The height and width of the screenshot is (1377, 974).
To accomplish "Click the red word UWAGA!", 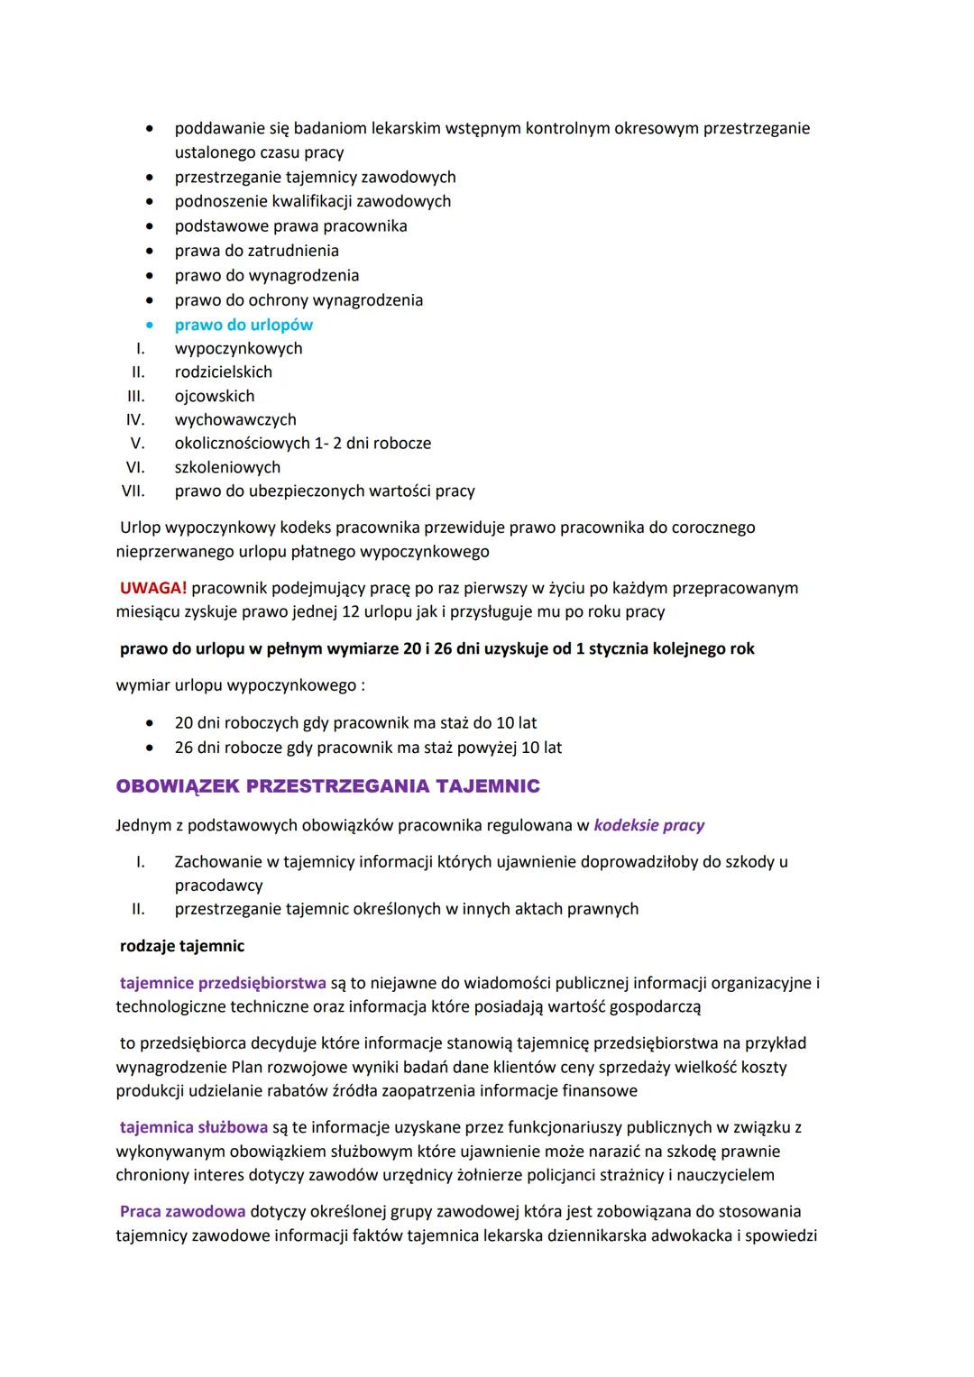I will [153, 588].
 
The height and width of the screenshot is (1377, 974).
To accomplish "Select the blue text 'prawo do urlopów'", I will [243, 325].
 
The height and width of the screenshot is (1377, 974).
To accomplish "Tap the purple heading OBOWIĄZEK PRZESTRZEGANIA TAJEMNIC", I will [327, 786].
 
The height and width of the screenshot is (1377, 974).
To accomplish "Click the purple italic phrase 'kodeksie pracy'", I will [649, 825].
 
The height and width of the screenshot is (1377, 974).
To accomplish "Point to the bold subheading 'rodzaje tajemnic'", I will [182, 946].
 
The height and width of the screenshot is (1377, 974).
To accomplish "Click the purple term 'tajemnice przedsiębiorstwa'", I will [223, 983].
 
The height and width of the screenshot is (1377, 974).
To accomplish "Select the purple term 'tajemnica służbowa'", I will [194, 1127].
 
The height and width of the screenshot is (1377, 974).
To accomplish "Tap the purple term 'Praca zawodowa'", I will [182, 1211].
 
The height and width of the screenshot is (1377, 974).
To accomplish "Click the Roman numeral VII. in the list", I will [133, 491].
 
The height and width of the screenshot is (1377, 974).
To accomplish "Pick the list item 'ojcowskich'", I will [215, 396].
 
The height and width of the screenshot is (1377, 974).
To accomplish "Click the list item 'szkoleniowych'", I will [227, 467].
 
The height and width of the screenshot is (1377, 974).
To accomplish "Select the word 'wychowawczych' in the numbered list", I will [235, 419].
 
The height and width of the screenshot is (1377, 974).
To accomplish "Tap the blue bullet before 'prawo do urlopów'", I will [151, 325].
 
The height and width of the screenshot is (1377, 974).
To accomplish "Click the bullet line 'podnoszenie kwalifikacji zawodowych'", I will [313, 201].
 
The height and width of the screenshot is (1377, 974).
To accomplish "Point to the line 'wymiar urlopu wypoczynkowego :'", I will [241, 685].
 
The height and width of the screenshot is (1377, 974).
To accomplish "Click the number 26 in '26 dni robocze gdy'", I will [184, 748].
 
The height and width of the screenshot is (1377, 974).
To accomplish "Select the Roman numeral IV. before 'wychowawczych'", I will [135, 419].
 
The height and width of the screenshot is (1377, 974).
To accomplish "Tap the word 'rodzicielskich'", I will [224, 372].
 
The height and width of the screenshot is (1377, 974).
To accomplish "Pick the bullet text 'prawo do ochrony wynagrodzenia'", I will [299, 300].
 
